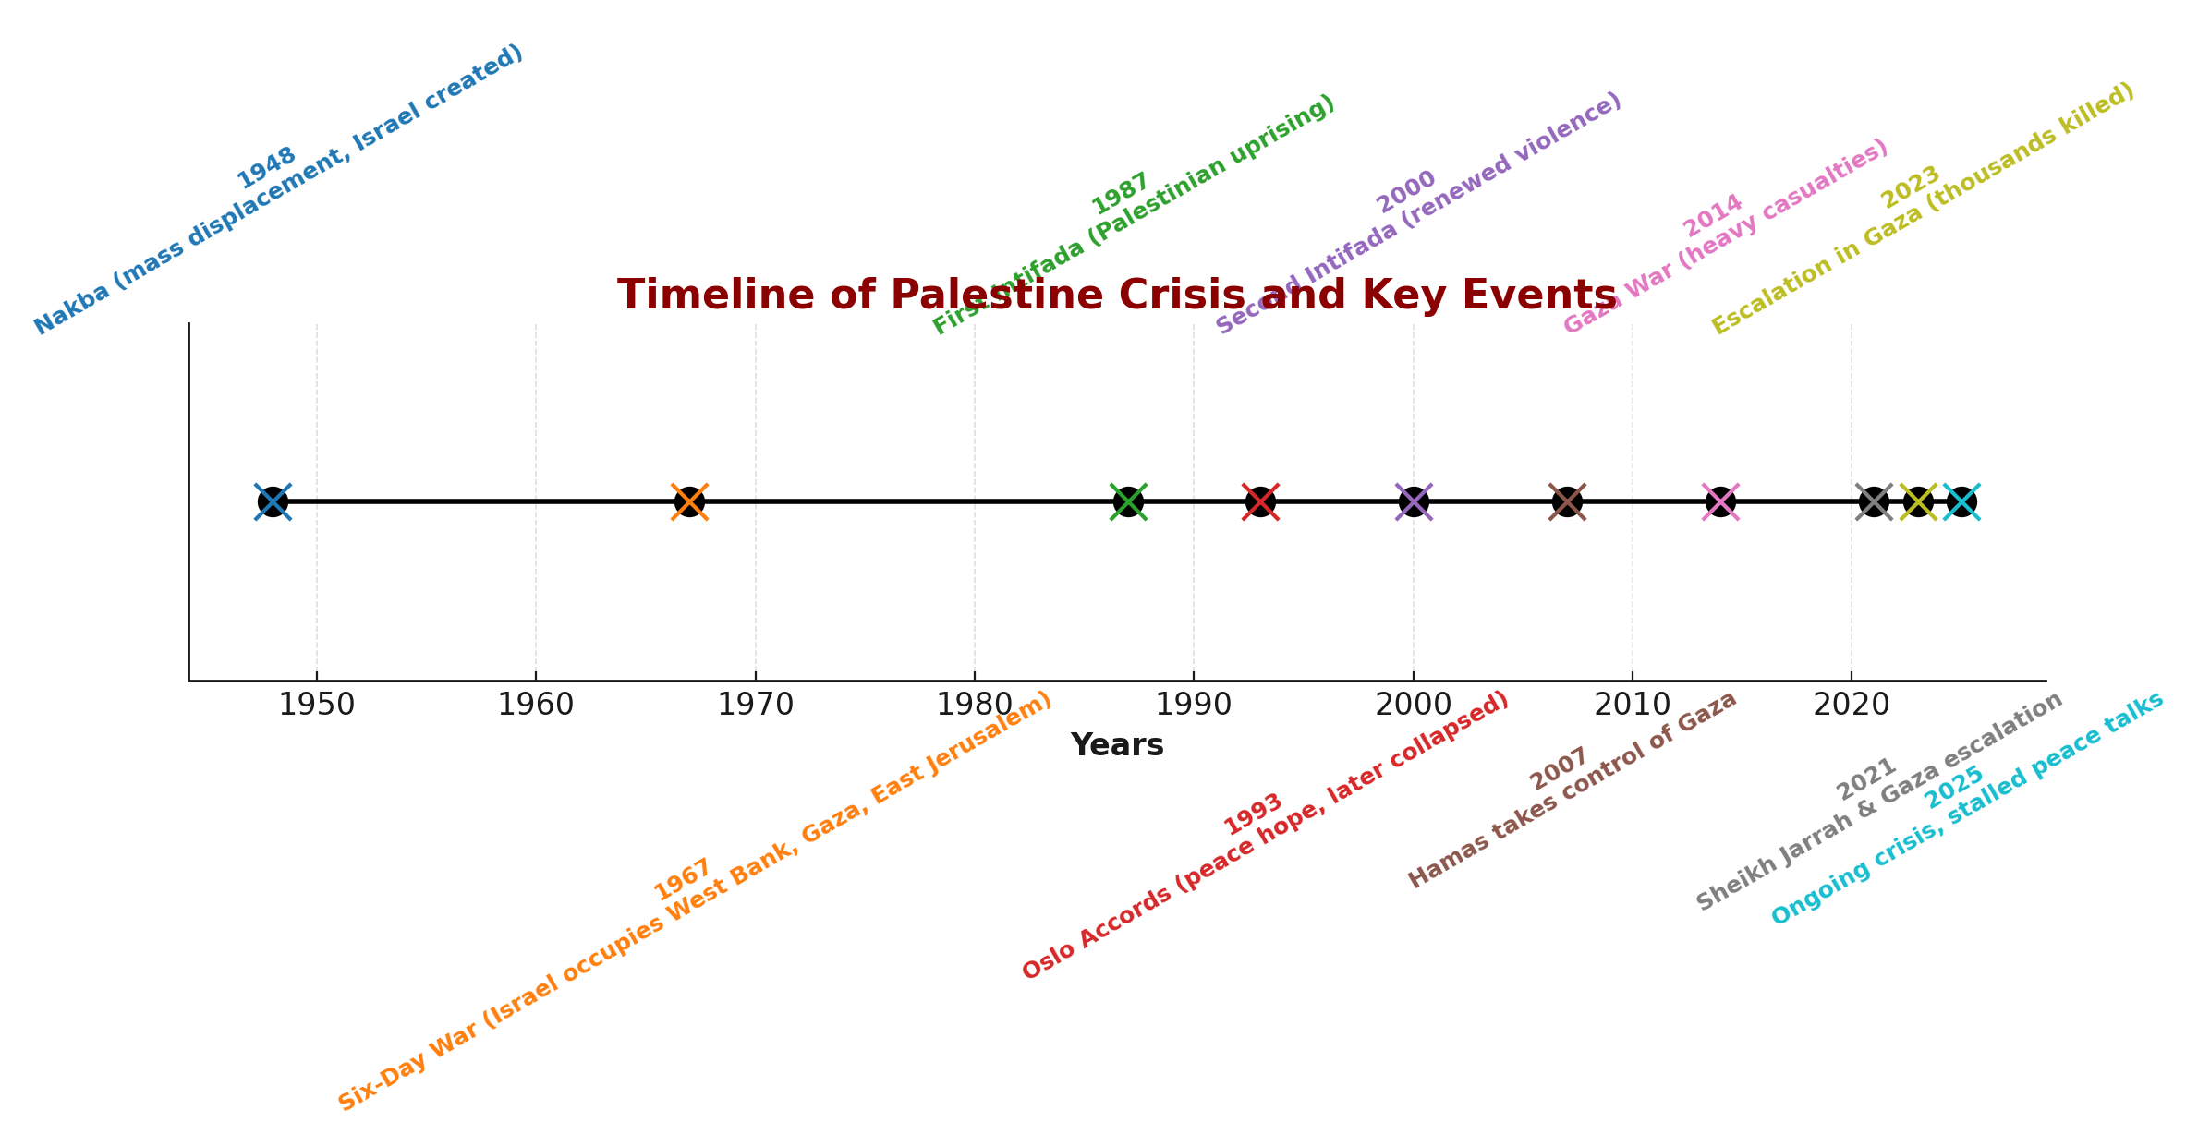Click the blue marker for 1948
click(x=273, y=502)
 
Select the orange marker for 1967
click(x=690, y=502)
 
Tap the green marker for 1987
click(x=1128, y=502)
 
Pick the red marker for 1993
click(x=1260, y=502)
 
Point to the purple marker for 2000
click(x=1414, y=502)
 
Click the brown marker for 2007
click(x=1567, y=502)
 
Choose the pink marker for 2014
click(x=1720, y=502)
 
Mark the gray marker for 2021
click(x=1874, y=502)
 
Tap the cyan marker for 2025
click(x=1961, y=502)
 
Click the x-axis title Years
click(x=1117, y=745)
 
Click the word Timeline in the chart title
click(x=700, y=296)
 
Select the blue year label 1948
click(x=266, y=168)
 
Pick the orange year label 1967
click(x=682, y=880)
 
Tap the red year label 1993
click(x=1253, y=814)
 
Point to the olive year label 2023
click(x=1911, y=187)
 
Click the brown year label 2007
click(x=1559, y=769)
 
